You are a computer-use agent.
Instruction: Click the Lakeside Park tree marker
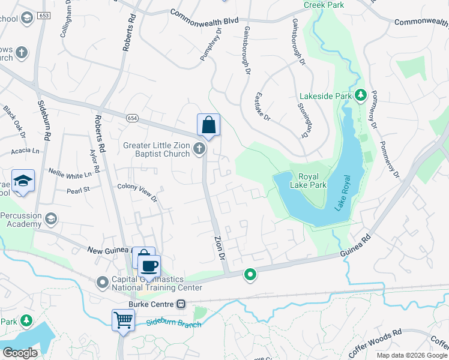[x=361, y=95]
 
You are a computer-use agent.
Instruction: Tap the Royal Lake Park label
[x=313, y=181]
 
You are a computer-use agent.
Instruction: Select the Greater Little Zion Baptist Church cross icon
[x=200, y=149]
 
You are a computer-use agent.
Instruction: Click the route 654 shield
[x=132, y=118]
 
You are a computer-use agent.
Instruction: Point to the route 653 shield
[x=43, y=14]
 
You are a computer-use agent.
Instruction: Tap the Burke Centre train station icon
[x=180, y=304]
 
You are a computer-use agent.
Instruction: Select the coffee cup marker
[x=149, y=265]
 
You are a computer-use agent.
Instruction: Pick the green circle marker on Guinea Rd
[x=250, y=275]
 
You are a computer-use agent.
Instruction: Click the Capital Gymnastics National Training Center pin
[x=103, y=281]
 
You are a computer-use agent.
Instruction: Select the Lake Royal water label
[x=343, y=192]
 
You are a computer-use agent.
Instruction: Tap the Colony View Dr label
[x=136, y=191]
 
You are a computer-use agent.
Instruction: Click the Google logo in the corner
[x=20, y=353]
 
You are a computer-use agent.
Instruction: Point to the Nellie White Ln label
[x=70, y=173]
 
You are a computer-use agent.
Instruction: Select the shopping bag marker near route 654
[x=208, y=125]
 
